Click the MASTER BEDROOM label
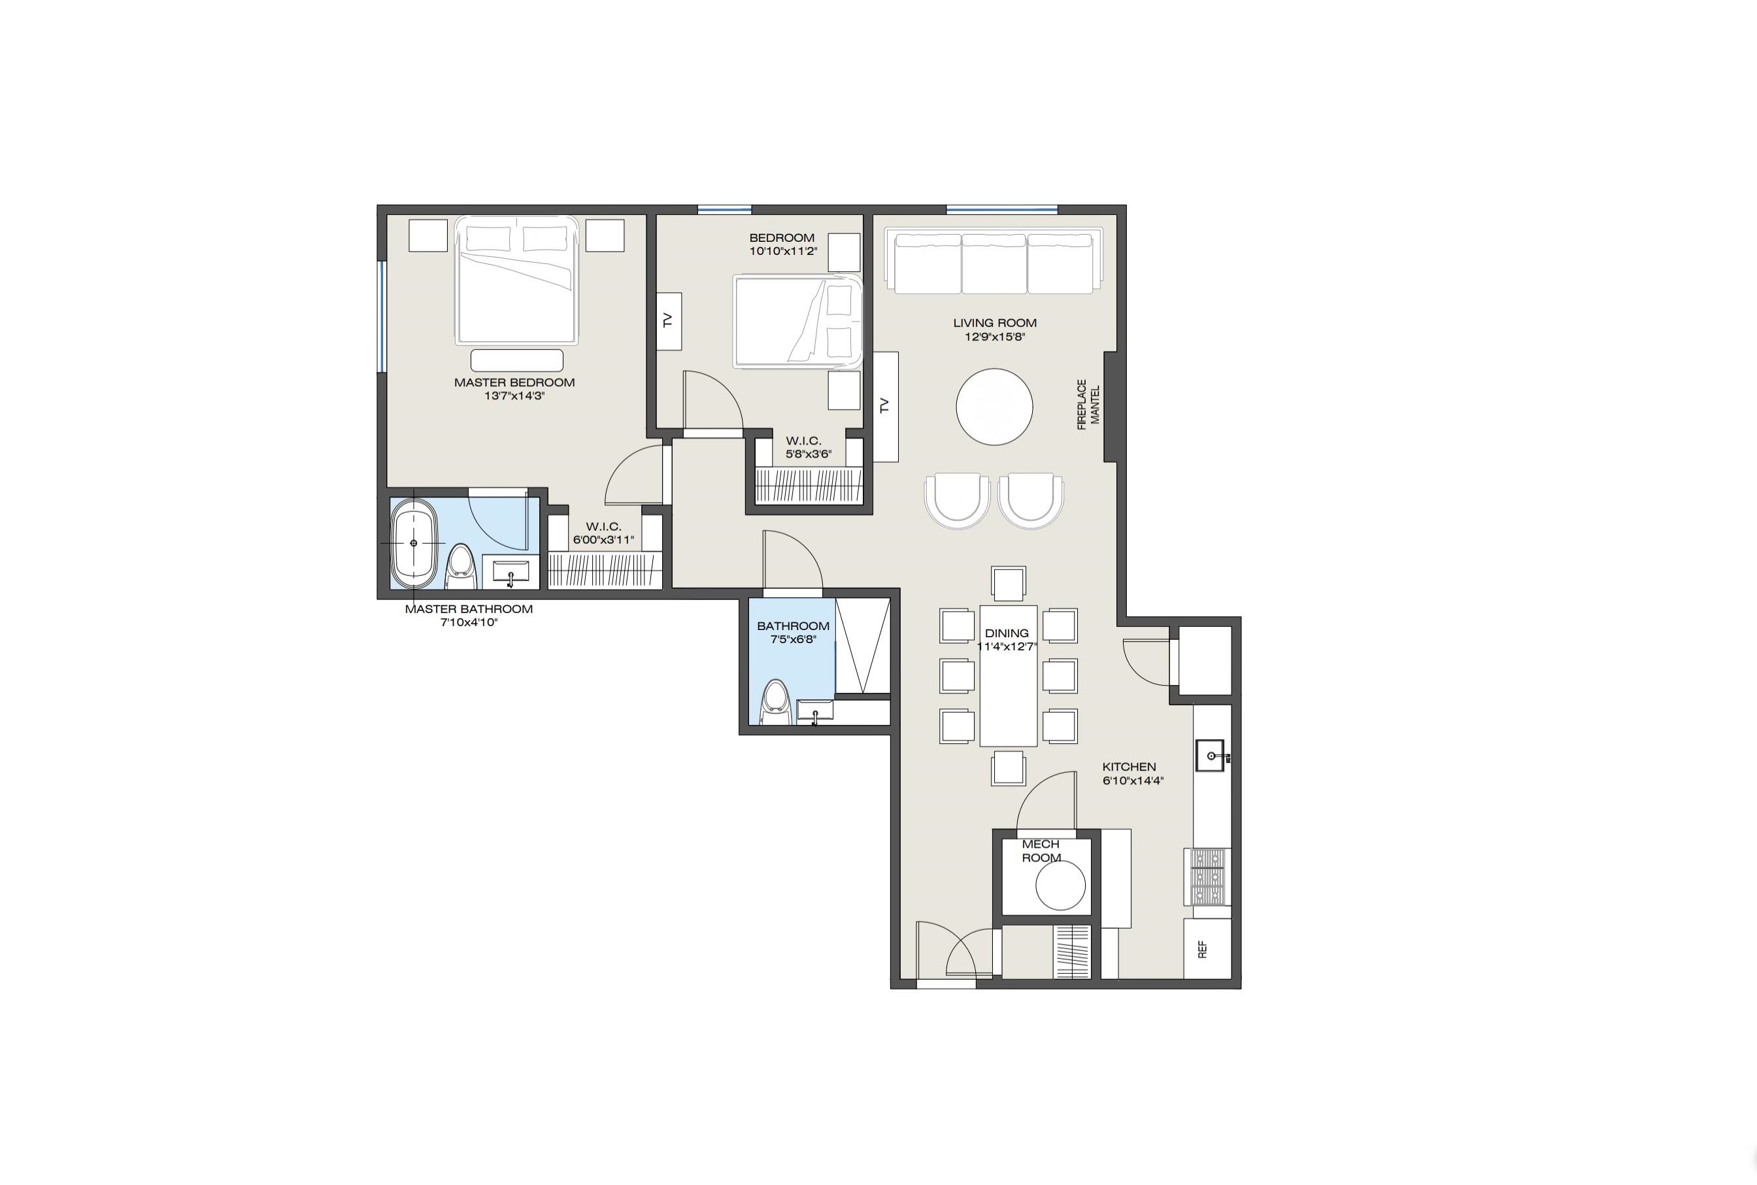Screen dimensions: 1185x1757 coord(514,382)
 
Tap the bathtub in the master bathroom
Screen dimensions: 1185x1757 coord(413,543)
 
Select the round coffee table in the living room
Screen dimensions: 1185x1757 coord(994,407)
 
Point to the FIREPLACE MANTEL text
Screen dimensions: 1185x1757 coord(1088,405)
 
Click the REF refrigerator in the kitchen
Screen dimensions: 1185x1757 coord(1206,949)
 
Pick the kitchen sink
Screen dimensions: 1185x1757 coord(1210,756)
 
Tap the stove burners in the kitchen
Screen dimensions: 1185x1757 coord(1207,876)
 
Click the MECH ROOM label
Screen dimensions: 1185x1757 coord(1041,850)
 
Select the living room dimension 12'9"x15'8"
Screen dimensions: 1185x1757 coord(994,337)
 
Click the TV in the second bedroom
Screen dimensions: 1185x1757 coord(669,321)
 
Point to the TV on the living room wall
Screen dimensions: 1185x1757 coord(886,406)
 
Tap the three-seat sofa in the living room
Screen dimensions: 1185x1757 coord(994,263)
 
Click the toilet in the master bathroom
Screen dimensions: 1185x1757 coord(460,567)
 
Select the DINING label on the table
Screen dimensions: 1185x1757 coord(1007,633)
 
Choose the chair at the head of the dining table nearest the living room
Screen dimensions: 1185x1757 coord(1008,584)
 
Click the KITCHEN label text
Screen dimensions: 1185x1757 coord(1129,766)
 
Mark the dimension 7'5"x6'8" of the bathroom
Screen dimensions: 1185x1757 coord(793,639)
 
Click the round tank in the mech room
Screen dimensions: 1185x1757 coord(1060,885)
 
